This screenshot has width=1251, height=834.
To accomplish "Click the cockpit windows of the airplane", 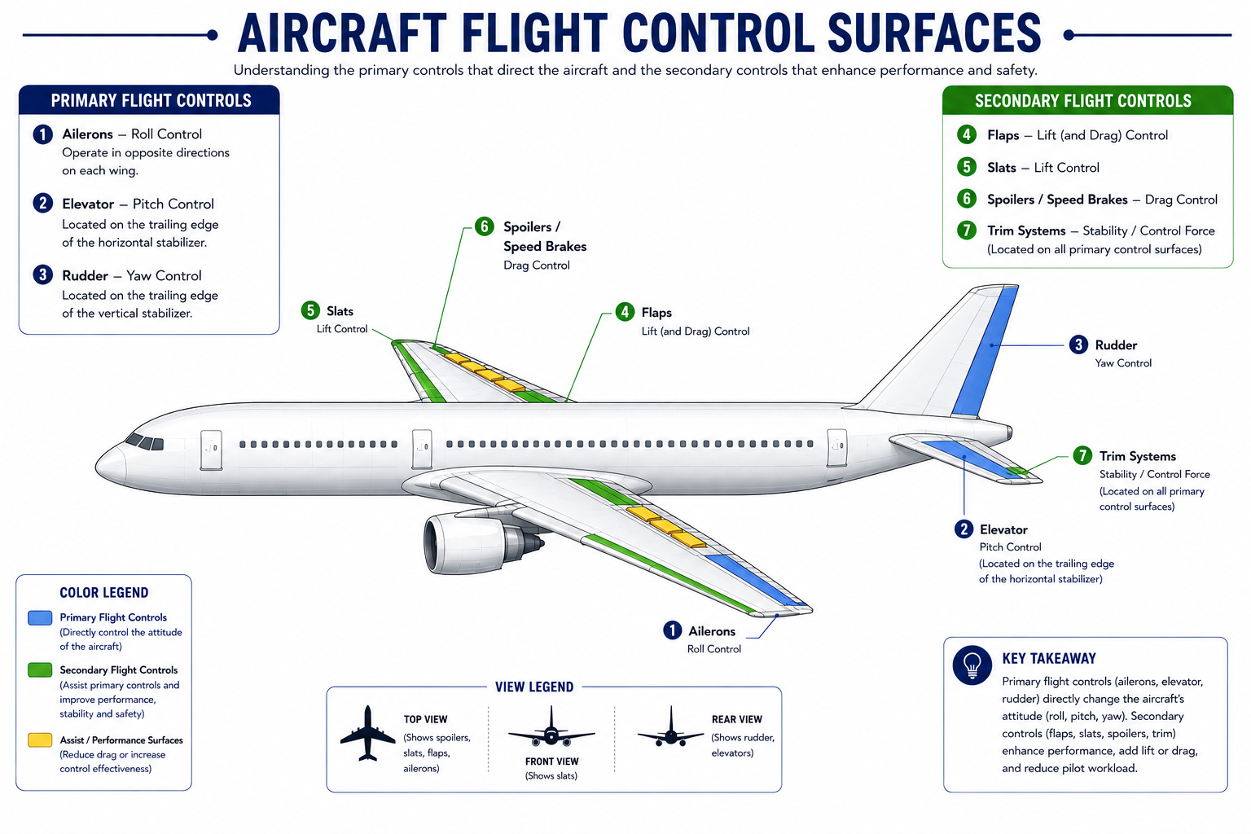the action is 145,442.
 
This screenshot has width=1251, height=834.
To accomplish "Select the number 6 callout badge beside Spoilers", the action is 485,226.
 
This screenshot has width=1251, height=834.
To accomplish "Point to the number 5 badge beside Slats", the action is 310,310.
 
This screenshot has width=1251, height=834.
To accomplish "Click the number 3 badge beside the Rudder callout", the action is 1078,345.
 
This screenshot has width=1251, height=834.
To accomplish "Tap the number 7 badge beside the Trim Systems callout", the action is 1082,455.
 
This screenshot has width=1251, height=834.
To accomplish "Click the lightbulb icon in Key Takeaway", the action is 972,665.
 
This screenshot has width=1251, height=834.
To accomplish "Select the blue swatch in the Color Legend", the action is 40,618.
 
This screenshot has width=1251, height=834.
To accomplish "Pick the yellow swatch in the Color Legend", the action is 40,740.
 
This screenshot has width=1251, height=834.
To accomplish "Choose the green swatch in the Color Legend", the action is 40,669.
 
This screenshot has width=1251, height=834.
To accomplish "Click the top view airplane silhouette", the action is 367,734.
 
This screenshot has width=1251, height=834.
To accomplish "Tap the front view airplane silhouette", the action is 551,726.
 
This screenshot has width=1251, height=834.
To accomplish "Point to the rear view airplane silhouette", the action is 671,726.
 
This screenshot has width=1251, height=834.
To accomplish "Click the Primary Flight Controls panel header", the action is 149,100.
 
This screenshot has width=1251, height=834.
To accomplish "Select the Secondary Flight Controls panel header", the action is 1087,100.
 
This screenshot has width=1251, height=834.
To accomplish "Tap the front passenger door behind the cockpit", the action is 211,450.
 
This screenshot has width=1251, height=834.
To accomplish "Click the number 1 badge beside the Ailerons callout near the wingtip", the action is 673,630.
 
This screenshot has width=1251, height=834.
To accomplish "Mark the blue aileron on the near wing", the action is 757,581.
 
